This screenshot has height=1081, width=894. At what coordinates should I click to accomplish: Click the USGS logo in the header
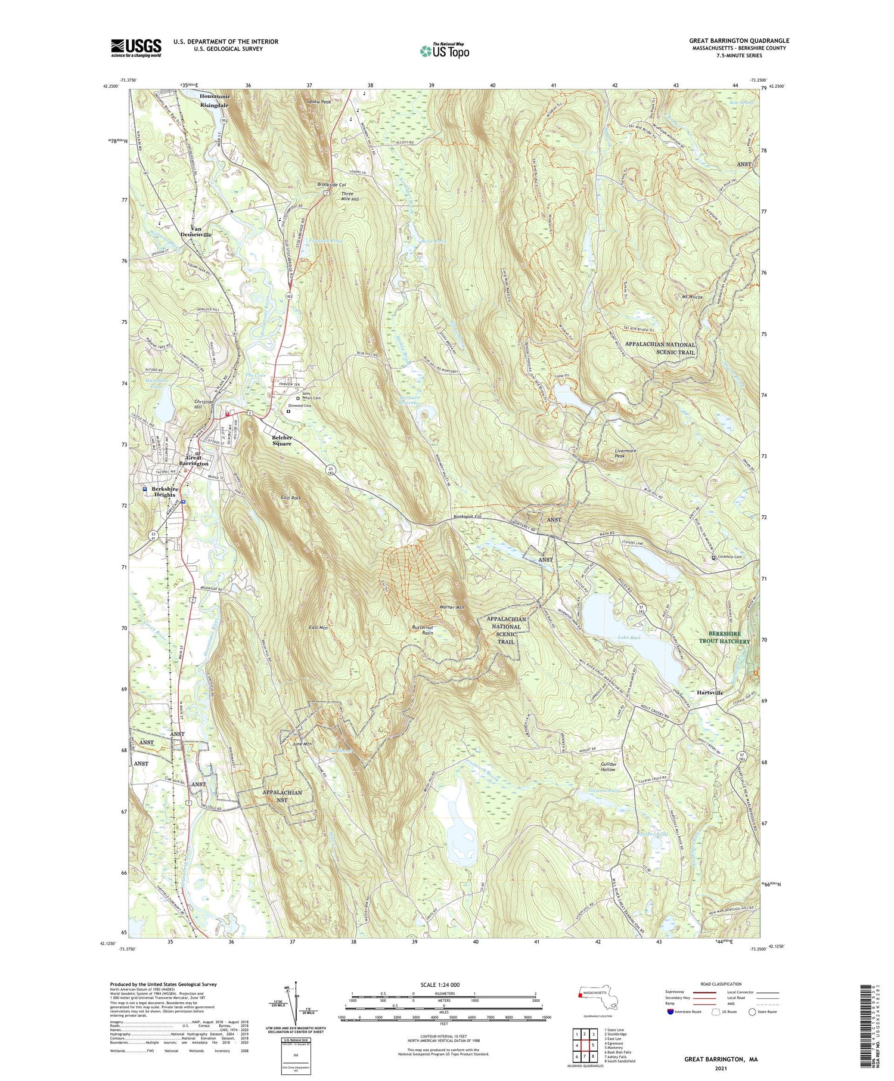click(136, 48)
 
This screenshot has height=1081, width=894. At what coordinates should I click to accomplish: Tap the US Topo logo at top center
click(444, 51)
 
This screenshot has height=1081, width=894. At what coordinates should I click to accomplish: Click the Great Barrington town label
click(194, 460)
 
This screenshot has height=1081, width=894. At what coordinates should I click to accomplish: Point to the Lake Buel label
click(630, 638)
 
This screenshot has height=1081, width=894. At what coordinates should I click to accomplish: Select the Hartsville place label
click(710, 693)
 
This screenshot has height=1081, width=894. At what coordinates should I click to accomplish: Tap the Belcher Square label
click(282, 441)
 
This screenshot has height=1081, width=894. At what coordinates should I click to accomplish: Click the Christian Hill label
click(204, 405)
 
